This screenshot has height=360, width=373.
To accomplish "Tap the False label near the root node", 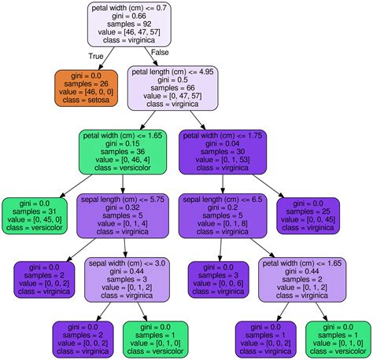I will [160, 52].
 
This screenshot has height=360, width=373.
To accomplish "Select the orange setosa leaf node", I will [86, 87].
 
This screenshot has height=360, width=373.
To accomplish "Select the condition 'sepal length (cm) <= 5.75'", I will [123, 200].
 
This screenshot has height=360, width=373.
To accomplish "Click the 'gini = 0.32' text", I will [123, 209].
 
